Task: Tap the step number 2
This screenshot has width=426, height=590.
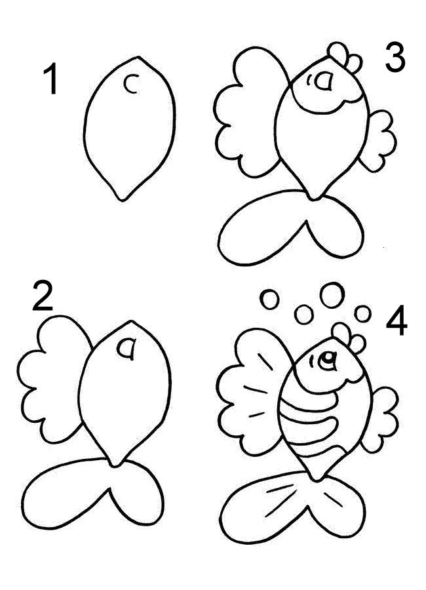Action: pyautogui.click(x=42, y=296)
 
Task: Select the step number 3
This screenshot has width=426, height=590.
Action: pyautogui.click(x=395, y=57)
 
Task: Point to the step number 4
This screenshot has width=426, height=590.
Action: pyautogui.click(x=397, y=321)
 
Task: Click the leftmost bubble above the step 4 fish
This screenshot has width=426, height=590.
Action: pyautogui.click(x=269, y=300)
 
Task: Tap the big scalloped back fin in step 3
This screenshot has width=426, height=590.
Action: pyautogui.click(x=252, y=113)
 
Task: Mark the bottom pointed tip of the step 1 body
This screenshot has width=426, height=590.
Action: pyautogui.click(x=121, y=200)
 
